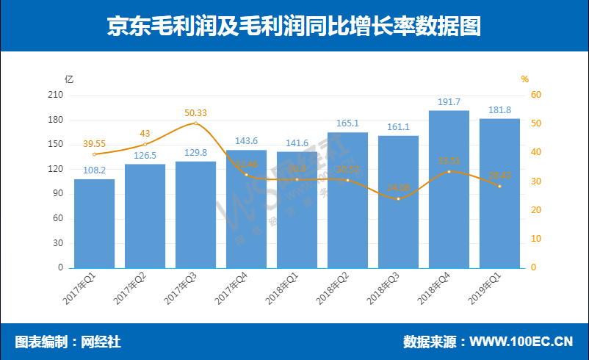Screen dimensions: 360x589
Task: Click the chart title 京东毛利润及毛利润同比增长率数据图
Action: click(x=294, y=26)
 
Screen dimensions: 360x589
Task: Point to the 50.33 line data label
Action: click(x=195, y=113)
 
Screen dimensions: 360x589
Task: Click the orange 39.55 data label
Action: click(x=94, y=145)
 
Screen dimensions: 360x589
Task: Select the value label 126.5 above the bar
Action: click(x=145, y=155)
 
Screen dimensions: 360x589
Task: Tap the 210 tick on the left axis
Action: click(x=55, y=96)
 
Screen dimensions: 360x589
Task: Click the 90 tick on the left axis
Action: click(x=58, y=194)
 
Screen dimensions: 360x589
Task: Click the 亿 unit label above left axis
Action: click(x=69, y=79)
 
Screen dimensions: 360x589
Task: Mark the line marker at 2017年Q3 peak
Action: click(x=195, y=123)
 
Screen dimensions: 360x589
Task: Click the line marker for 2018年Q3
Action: click(x=398, y=199)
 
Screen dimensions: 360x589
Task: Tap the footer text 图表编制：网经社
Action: click(x=68, y=342)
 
